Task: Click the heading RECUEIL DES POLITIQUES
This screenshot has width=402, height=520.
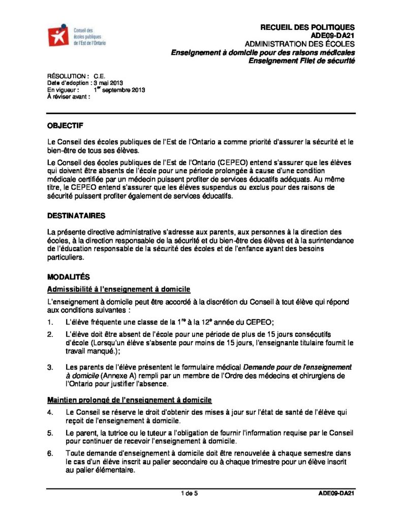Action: click(x=307, y=27)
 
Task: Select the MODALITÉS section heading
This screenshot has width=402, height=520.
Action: click(x=68, y=277)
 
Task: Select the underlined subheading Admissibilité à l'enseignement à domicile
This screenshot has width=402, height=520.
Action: click(x=118, y=289)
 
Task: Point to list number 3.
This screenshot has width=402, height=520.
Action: click(x=50, y=367)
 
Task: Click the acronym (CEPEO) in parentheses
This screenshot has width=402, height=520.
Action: click(x=233, y=162)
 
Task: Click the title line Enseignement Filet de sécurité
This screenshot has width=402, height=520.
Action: click(x=301, y=61)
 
